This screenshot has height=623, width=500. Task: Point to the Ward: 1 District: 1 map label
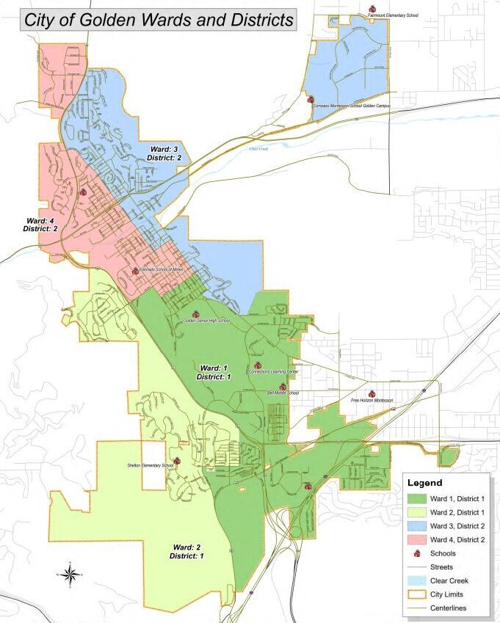pyautogui.click(x=214, y=371)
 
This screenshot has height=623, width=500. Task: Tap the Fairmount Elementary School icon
pyautogui.click(x=371, y=10)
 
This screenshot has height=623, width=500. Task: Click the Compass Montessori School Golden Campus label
pyautogui.click(x=351, y=106)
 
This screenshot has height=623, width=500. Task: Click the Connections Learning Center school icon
pyautogui.click(x=257, y=365)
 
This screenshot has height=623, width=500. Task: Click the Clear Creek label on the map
pyautogui.click(x=259, y=149)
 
